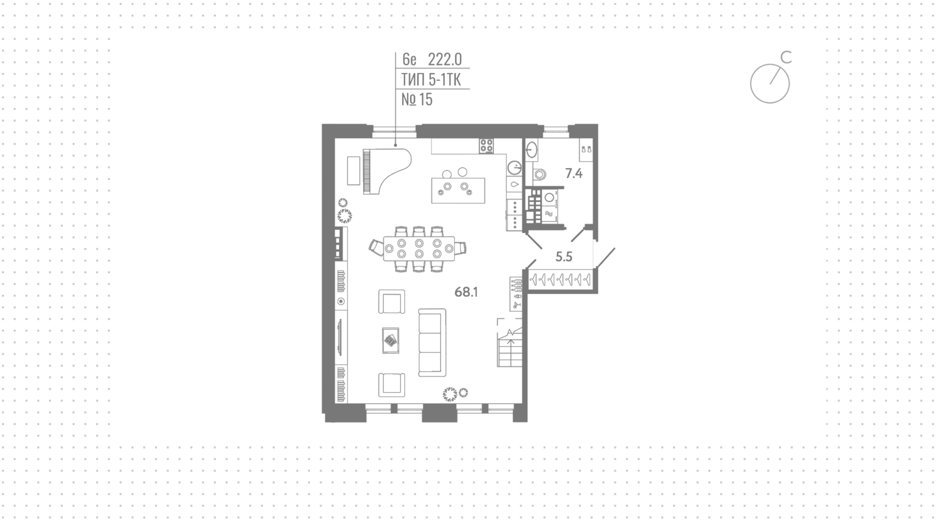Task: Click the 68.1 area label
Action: pos(466,292)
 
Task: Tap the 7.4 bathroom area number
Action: pos(574,173)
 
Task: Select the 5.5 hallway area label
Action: pos(564,257)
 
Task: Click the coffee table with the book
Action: pos(390,340)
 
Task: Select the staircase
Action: pos(510,343)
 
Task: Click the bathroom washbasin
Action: pos(532,150)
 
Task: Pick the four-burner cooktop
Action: pos(487,146)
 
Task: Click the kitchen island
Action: pos(458,190)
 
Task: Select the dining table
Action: pos(419,249)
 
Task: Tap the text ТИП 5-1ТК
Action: pos(431,79)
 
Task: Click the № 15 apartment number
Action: pos(417,99)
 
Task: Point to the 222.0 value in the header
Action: pos(445,59)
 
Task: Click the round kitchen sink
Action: pos(514,168)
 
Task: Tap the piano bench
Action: pos(353,170)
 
